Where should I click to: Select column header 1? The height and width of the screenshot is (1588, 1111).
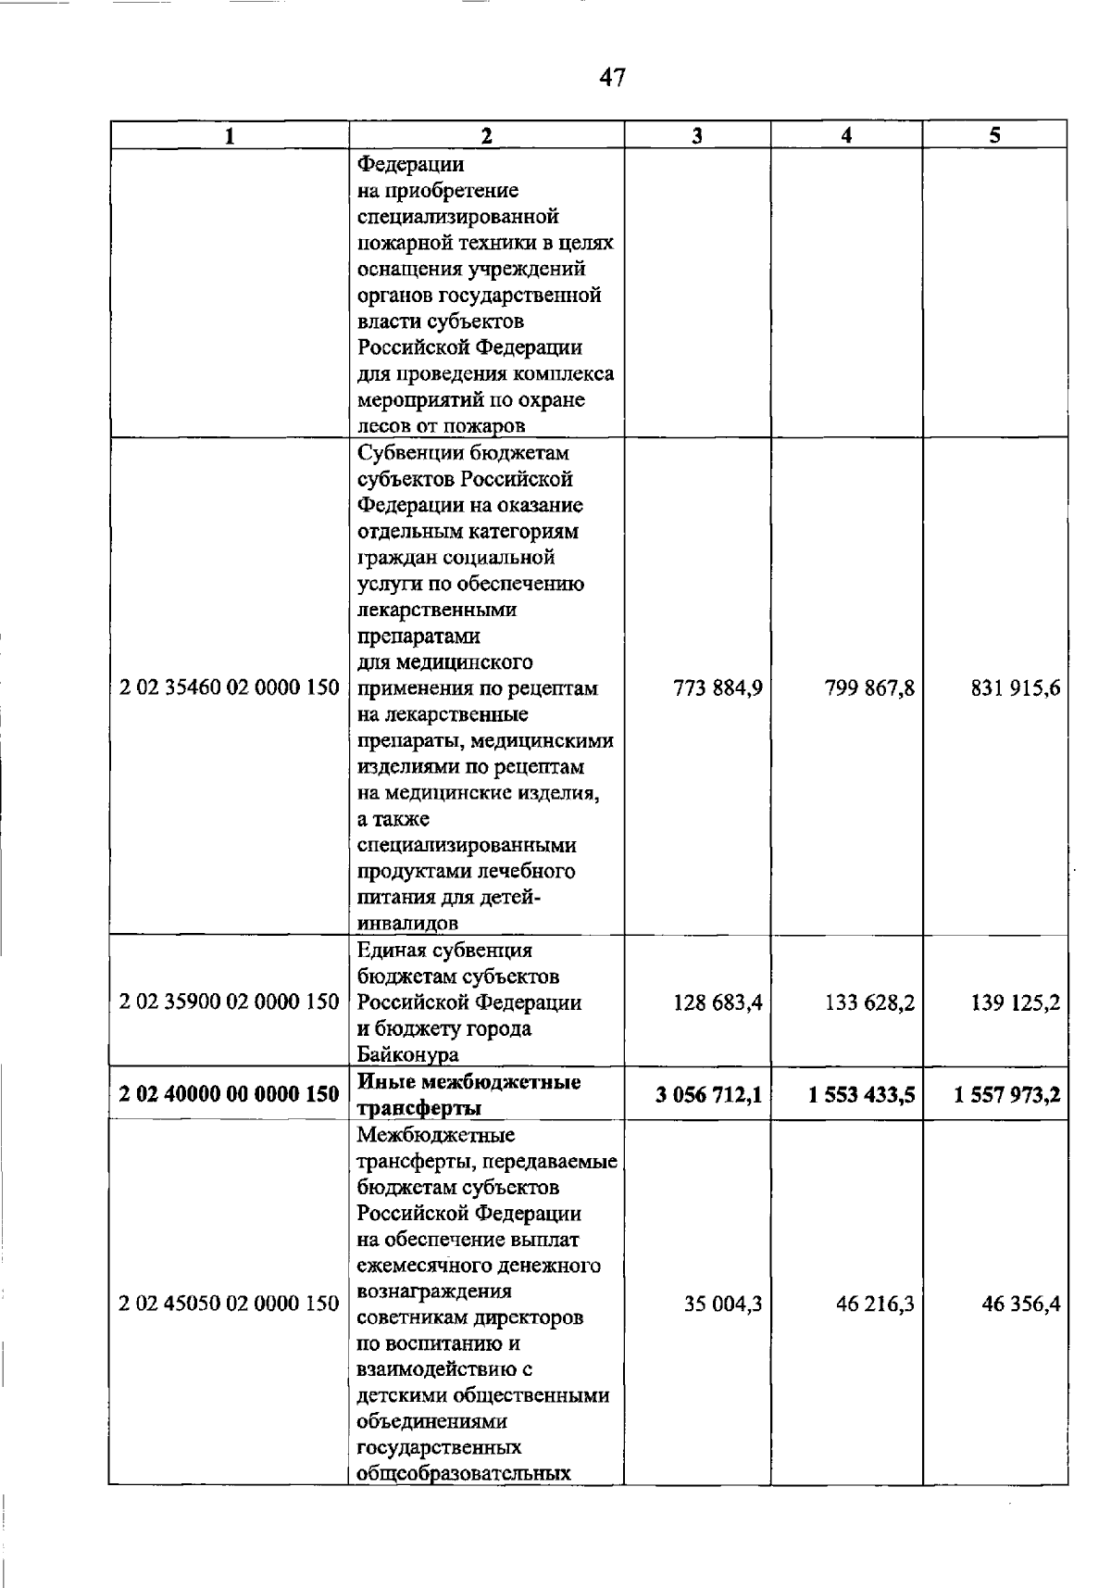229,136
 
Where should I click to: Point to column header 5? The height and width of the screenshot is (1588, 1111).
994,135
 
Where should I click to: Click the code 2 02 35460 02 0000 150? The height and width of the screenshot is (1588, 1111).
230,688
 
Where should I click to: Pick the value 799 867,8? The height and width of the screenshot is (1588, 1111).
869,688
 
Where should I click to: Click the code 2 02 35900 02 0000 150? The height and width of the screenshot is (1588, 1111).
230,1002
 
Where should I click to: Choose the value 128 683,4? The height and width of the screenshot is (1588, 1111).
718,1002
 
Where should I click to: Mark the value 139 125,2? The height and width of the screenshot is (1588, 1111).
1016,1002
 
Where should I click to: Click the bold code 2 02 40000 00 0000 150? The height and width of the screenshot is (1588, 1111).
230,1094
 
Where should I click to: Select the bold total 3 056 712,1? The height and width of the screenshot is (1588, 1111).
709,1095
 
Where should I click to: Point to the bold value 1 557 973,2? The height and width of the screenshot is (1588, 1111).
1007,1095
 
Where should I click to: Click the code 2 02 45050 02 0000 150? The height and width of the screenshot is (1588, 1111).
230,1304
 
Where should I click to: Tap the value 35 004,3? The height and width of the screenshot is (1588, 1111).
723,1304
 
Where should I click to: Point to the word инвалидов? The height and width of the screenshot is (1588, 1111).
408,924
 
